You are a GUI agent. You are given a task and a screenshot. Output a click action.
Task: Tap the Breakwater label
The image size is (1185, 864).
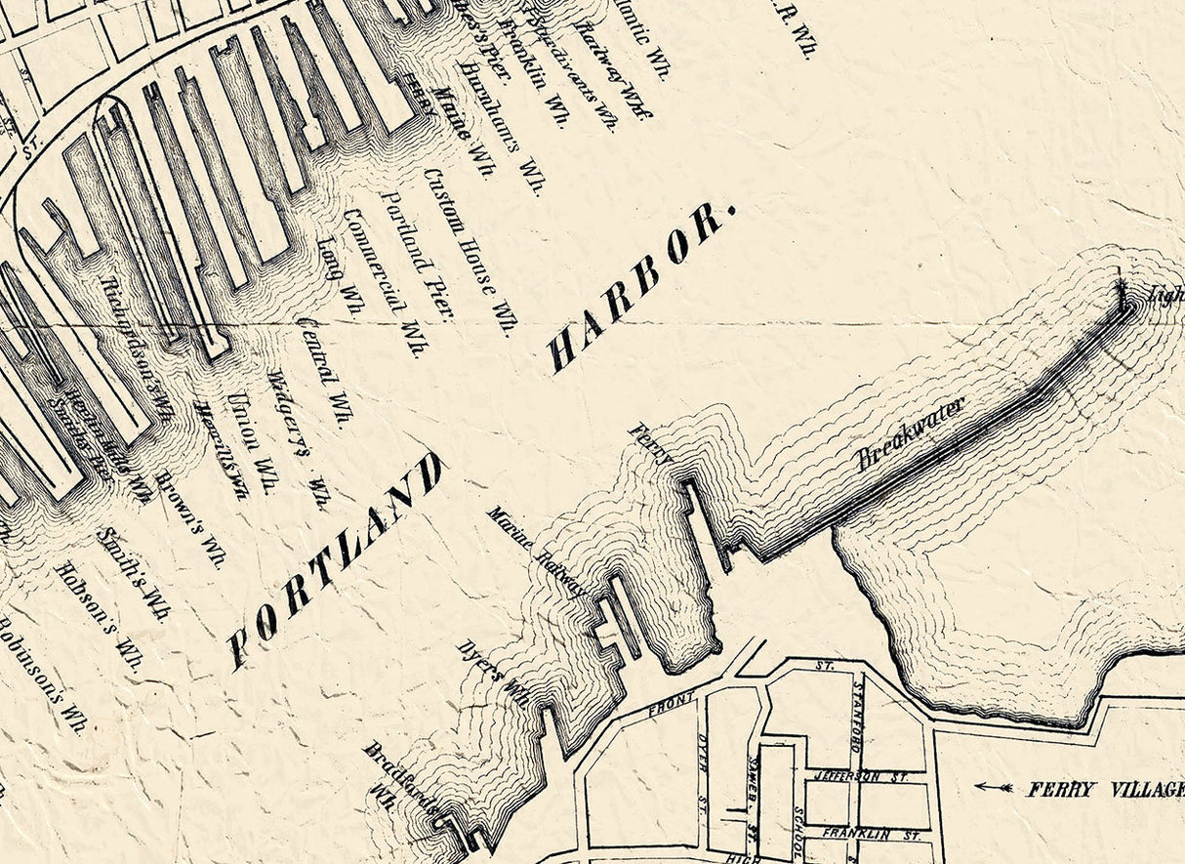(911, 433)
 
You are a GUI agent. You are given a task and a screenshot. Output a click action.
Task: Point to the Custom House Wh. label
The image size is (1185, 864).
(468, 251)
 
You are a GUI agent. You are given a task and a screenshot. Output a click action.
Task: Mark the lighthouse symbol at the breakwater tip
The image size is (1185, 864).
(1123, 293)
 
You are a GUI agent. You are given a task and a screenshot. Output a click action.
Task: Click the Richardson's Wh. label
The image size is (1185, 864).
(137, 349)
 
